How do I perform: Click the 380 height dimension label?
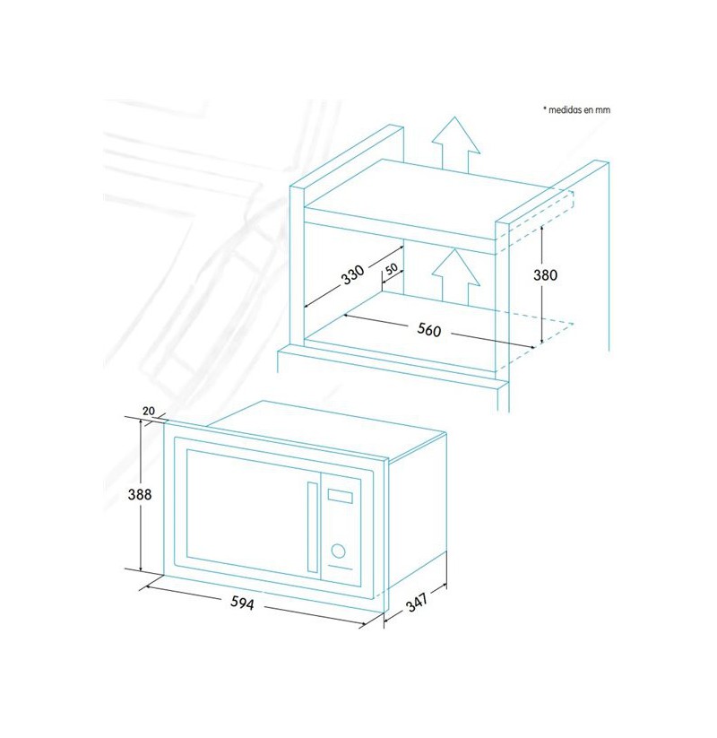click(x=545, y=275)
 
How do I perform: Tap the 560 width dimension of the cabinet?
click(x=429, y=329)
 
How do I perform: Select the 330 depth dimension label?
click(x=353, y=274)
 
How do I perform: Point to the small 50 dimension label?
click(x=392, y=269)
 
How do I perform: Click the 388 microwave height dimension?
click(x=140, y=494)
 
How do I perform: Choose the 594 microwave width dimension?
click(x=242, y=603)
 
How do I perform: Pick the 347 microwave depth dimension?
click(x=418, y=602)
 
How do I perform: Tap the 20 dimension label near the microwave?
click(x=149, y=411)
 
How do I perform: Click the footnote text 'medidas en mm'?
click(x=579, y=109)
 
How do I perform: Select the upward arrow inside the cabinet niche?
click(x=455, y=277)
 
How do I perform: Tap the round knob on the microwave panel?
click(x=338, y=551)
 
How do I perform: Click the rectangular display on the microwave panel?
click(x=341, y=496)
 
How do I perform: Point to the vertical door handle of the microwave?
click(x=313, y=526)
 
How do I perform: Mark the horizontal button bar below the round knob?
click(x=341, y=567)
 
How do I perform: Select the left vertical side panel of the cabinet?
click(x=298, y=268)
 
